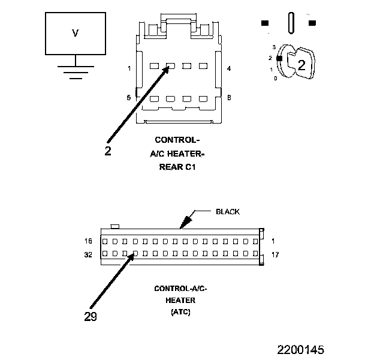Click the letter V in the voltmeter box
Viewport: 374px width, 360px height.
click(x=75, y=34)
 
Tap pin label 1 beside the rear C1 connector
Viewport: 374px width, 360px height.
click(x=129, y=68)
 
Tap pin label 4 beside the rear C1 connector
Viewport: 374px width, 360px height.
click(x=229, y=68)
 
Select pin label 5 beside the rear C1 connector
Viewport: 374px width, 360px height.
click(x=129, y=97)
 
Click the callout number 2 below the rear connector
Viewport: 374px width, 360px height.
click(x=108, y=151)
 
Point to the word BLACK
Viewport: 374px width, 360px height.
click(x=227, y=211)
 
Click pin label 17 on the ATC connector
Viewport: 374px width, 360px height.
click(x=276, y=254)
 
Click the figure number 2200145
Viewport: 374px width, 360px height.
click(x=300, y=349)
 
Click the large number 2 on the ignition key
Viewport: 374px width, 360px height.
click(x=301, y=66)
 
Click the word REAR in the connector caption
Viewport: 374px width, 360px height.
click(x=169, y=167)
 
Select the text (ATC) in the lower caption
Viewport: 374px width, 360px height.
click(x=180, y=312)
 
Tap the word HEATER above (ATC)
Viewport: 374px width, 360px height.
click(x=180, y=300)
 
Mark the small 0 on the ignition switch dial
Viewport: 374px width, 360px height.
click(x=275, y=78)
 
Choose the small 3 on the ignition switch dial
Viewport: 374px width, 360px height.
click(x=274, y=46)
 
